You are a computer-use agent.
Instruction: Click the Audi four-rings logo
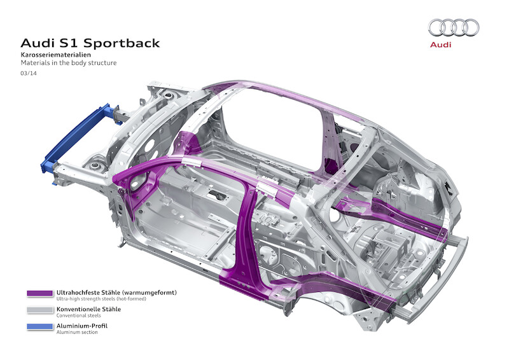tap(454, 27)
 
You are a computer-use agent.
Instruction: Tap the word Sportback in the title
tap(120, 43)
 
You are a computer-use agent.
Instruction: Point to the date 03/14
tap(29, 74)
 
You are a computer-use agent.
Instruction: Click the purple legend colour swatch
tap(39, 294)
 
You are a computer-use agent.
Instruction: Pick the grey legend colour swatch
tap(39, 310)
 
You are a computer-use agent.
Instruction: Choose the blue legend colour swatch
tap(39, 327)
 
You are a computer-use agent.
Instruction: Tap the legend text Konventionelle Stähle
tap(88, 308)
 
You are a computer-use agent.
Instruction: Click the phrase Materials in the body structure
tap(69, 64)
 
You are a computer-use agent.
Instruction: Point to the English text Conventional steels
tap(75, 315)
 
